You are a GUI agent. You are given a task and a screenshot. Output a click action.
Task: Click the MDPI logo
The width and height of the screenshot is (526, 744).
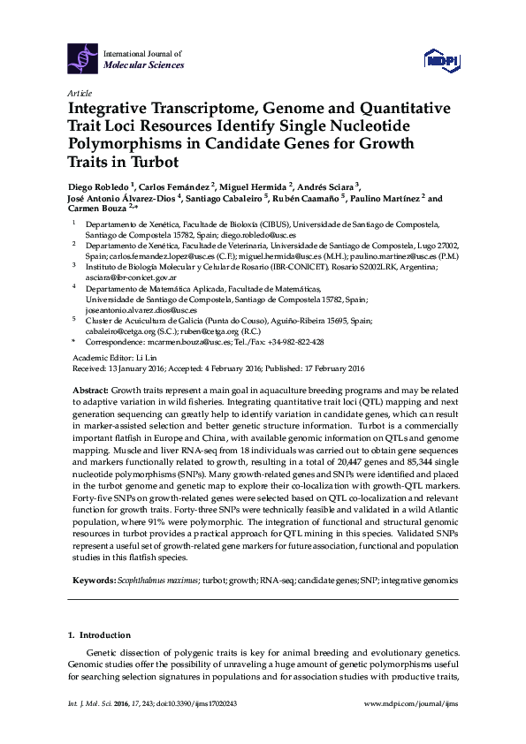pyautogui.click(x=438, y=58)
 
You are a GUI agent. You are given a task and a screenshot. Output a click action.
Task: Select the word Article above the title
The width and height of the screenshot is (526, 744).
pyautogui.click(x=79, y=92)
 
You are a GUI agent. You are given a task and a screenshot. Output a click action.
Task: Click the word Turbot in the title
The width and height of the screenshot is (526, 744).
pyautogui.click(x=154, y=163)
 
